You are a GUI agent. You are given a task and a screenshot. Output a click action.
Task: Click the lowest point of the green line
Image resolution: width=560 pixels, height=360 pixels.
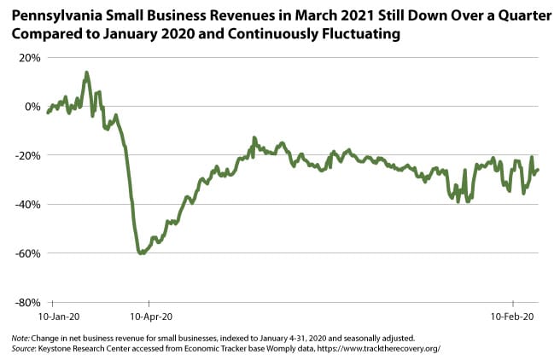141,253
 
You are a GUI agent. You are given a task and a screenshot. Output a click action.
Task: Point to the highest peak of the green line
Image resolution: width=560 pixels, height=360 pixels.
86,73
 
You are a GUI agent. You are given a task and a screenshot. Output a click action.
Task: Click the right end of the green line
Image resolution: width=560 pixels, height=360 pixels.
538,170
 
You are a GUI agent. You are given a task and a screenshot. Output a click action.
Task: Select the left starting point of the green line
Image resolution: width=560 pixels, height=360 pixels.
48,113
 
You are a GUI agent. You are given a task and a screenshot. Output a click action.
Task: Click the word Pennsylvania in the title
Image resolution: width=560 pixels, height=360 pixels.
53,15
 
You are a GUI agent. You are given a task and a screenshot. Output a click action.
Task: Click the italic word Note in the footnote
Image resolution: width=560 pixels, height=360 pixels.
20,338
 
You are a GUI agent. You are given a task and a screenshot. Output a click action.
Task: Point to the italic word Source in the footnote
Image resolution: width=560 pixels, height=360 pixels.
23,348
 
